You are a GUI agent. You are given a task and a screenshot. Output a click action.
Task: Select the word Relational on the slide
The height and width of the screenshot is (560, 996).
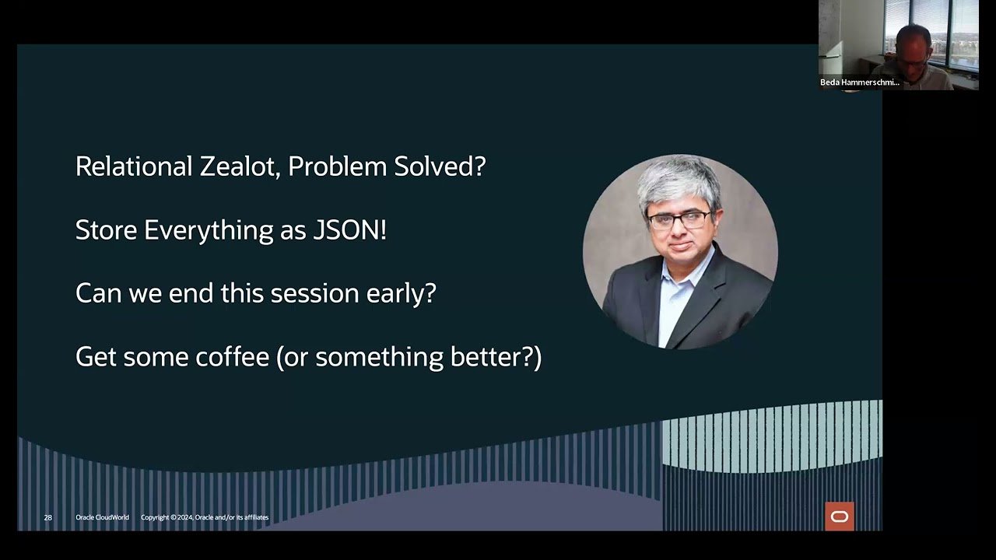coord(134,166)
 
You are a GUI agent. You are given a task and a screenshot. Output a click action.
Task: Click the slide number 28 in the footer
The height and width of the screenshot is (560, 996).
coord(48,517)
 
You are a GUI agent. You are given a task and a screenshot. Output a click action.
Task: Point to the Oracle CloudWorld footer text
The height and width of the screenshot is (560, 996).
coord(102,517)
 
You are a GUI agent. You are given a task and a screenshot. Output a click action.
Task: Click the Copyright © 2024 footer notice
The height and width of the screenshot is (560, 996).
coord(205,517)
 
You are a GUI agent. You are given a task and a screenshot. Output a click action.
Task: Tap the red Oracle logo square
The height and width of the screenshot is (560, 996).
coord(840,516)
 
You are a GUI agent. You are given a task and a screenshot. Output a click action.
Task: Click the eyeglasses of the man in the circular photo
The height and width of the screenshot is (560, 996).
coord(679,221)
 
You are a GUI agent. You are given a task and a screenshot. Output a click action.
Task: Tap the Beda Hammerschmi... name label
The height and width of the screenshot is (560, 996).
coord(859,82)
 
